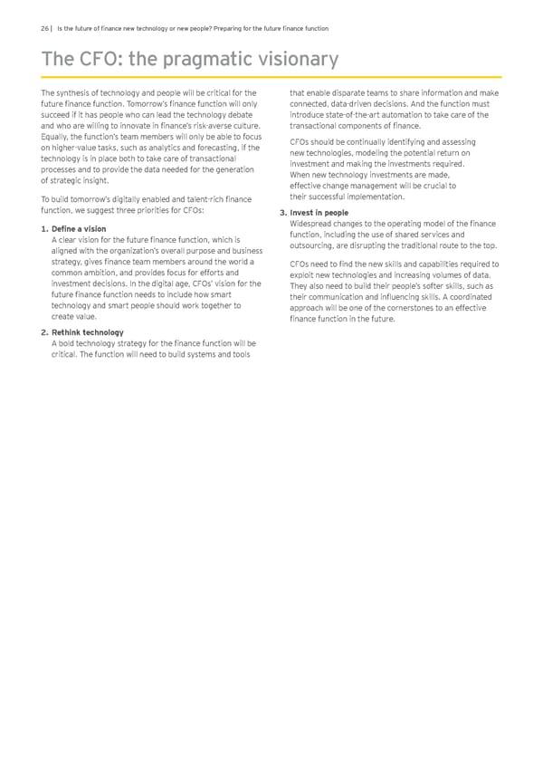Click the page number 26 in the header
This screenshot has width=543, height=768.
(46, 28)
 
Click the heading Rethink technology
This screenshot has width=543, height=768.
(88, 332)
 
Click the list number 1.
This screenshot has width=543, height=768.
(45, 228)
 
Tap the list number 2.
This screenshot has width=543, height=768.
(45, 332)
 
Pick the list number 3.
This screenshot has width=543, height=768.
(282, 213)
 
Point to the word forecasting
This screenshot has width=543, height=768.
(212, 148)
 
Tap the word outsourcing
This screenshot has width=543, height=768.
(313, 245)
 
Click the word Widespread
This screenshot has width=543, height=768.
(313, 224)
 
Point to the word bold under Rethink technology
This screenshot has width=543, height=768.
(69, 343)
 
